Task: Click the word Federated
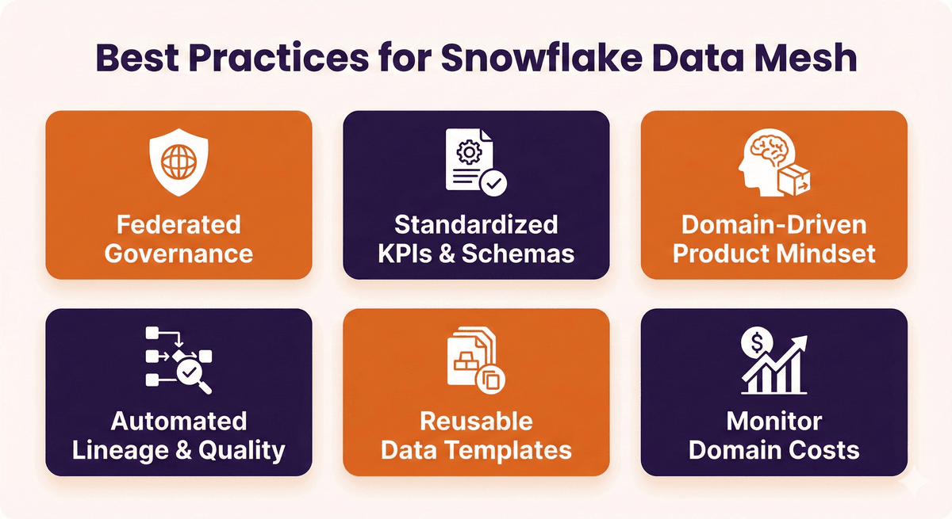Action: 178,224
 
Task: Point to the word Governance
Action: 178,254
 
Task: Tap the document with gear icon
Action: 474,162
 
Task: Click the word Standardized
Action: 476,224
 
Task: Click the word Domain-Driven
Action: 773,224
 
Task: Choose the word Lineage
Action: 122,450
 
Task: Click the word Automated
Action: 178,421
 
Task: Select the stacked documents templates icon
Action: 473,360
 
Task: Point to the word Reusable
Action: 476,421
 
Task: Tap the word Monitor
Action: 773,421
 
